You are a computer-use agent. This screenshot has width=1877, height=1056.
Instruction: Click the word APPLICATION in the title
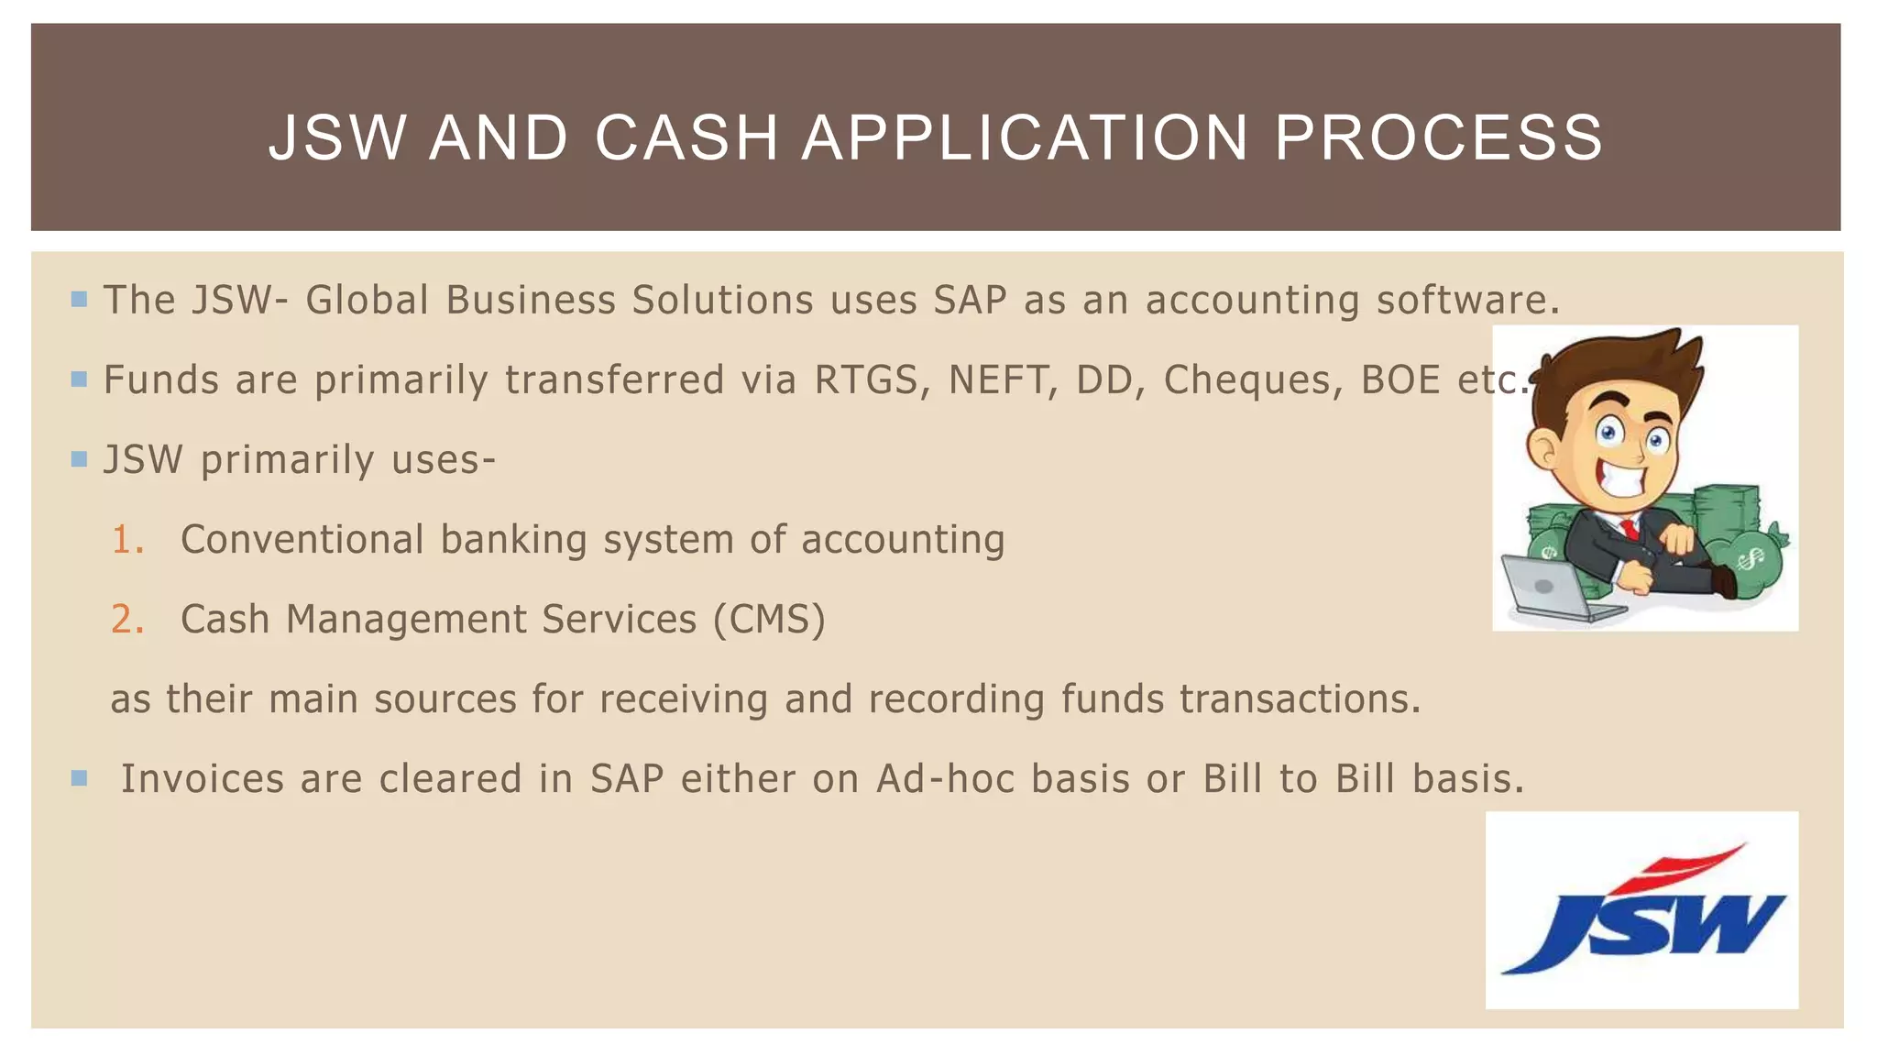point(1026,137)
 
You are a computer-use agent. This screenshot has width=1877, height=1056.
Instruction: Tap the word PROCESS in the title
point(1439,137)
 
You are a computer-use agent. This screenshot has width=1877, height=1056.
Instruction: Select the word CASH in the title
point(686,137)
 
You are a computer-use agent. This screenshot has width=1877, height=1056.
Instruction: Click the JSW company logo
point(1641,910)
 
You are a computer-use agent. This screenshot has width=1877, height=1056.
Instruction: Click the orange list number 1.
point(127,540)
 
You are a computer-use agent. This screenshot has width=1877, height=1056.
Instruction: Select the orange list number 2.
point(127,620)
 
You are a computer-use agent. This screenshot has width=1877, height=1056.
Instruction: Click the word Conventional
point(302,540)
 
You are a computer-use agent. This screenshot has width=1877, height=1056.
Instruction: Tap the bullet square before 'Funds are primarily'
point(79,379)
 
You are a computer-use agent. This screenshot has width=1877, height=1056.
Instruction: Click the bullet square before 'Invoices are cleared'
point(79,778)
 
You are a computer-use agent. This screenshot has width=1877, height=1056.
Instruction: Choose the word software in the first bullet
point(1467,301)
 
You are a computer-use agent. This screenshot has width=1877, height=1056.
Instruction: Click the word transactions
point(1300,699)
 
